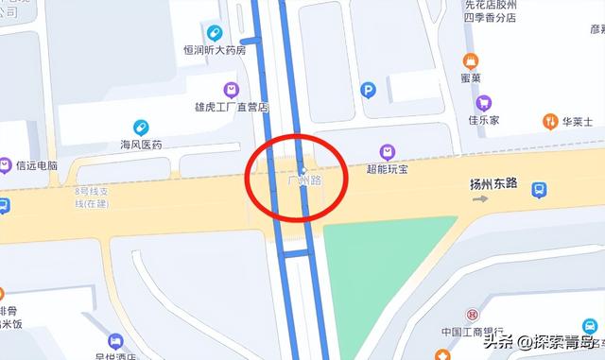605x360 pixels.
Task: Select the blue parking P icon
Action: (x=369, y=90)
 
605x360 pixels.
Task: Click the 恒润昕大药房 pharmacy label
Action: (x=215, y=50)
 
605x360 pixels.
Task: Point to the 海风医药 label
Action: (x=141, y=145)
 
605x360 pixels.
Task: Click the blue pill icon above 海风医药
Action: (x=141, y=127)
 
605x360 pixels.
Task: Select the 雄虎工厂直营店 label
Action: (x=232, y=108)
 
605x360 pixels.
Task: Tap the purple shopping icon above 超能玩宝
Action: (x=387, y=151)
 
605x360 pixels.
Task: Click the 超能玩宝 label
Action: (x=387, y=169)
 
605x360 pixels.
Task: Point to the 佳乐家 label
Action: (x=483, y=120)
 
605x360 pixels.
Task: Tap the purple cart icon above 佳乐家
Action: (x=483, y=103)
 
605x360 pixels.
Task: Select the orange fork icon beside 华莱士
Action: (x=550, y=121)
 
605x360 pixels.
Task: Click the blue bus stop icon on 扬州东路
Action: (x=538, y=190)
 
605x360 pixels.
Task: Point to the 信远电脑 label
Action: (x=37, y=165)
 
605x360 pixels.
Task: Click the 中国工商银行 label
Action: (x=474, y=332)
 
